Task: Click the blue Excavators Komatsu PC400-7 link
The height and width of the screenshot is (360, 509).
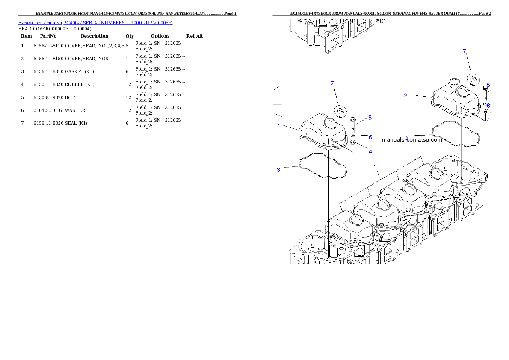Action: click(95, 23)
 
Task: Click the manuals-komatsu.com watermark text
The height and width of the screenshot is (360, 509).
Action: click(412, 139)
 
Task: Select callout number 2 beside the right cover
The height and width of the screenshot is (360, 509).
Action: click(405, 95)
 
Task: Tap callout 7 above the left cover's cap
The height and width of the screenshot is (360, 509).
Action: click(332, 83)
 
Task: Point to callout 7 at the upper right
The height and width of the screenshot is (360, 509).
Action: click(464, 51)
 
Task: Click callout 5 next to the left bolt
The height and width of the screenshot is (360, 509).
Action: click(370, 118)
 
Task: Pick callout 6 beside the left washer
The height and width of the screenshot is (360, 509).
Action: click(370, 137)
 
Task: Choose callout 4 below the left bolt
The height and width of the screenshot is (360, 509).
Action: click(370, 151)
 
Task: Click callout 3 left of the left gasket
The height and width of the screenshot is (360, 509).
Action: click(278, 170)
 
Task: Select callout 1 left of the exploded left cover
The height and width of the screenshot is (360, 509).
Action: click(278, 126)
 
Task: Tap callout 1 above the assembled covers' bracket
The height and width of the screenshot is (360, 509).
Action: click(375, 167)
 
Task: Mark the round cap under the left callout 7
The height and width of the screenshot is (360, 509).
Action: click(341, 111)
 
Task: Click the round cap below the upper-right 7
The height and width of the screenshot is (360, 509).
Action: click(472, 79)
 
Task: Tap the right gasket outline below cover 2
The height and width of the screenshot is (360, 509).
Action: click(456, 133)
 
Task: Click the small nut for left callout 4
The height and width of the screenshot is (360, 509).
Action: click(353, 142)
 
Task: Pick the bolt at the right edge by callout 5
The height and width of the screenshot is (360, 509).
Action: click(485, 92)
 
